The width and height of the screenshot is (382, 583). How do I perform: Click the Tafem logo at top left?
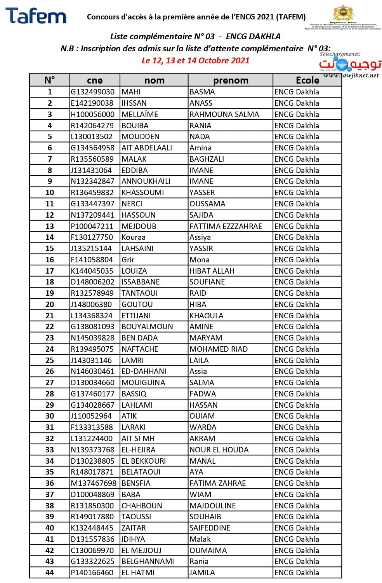(36, 16)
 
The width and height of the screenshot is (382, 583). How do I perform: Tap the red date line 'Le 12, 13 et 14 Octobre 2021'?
(195, 61)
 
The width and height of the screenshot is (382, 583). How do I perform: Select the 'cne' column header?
(95, 80)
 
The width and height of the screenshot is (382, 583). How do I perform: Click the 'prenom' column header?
(231, 80)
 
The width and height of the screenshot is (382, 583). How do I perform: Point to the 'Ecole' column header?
(307, 80)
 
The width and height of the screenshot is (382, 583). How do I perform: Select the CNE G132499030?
(93, 92)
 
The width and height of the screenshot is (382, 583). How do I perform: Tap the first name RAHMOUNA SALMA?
(224, 114)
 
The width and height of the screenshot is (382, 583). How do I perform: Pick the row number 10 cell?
(50, 193)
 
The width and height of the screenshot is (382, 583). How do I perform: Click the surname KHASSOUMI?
(143, 193)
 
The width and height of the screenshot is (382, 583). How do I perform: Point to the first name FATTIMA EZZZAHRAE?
(226, 226)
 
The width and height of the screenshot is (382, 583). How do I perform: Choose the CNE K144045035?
(92, 271)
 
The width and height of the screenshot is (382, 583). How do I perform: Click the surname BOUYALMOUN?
(147, 327)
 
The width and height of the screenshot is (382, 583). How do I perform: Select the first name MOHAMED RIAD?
(219, 349)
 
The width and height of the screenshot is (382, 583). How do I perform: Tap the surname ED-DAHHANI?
(144, 372)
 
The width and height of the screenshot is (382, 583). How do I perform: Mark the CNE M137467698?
(94, 483)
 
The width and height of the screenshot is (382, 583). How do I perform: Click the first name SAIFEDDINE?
(210, 528)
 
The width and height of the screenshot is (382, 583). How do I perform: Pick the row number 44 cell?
(50, 573)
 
